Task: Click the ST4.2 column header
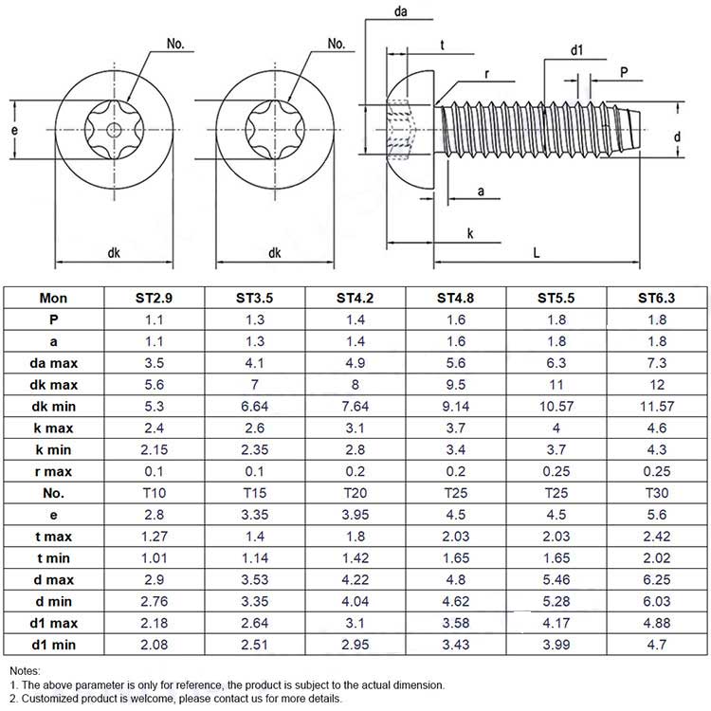pos(355,298)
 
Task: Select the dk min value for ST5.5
pos(556,407)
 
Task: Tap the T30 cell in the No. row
pos(657,493)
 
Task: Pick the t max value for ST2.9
pos(155,537)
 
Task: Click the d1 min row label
pos(53,645)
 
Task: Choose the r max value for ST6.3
pos(657,471)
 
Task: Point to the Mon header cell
pos(53,298)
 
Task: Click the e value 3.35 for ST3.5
pos(254,515)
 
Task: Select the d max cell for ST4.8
pos(456,580)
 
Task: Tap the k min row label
pos(53,449)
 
